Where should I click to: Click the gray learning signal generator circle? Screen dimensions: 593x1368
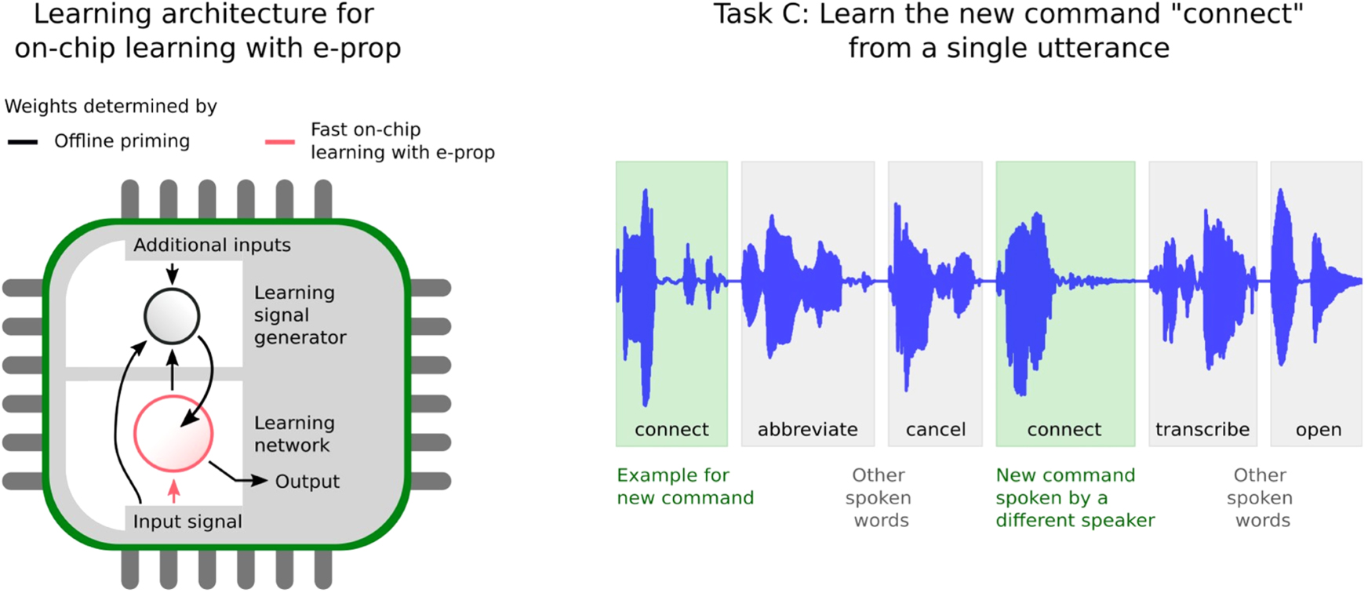coord(172,316)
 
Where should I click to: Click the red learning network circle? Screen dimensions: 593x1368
coord(173,434)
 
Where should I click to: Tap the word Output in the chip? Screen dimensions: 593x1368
coord(307,482)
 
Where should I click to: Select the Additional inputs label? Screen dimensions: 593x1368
coord(212,246)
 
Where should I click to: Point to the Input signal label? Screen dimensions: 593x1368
coord(187,522)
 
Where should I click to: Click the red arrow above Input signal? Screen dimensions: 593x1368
coord(173,491)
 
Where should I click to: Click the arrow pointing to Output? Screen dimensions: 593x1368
coord(238,475)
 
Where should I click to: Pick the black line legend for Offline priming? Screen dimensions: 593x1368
coord(23,142)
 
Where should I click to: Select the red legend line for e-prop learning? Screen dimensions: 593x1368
coord(280,142)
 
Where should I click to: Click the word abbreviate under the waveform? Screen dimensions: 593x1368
coord(807,430)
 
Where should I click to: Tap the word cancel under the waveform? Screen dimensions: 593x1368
coord(935,430)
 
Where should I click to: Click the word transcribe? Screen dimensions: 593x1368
coord(1202,430)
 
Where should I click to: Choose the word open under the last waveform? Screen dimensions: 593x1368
coord(1318,430)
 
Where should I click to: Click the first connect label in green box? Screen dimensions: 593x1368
coord(671,430)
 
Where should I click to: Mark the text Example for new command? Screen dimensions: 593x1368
coord(684,486)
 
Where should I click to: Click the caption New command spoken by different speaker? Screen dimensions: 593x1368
coord(1074,497)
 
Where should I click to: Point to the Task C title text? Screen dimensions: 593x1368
coord(1008,31)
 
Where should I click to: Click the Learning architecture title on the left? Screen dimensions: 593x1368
coord(207,31)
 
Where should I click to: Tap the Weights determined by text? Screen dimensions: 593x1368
coord(111,107)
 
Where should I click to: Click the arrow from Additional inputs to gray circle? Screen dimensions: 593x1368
coord(172,273)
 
